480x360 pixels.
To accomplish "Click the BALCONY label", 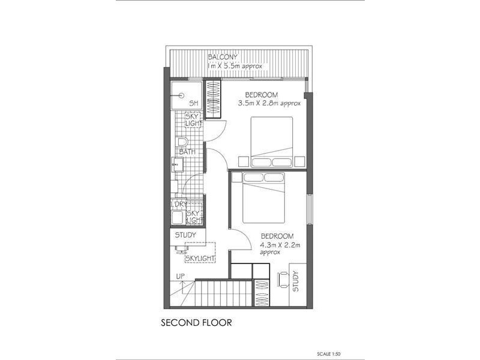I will pyautogui.click(x=223, y=57).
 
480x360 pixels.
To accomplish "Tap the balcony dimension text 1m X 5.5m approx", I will pyautogui.click(x=235, y=65).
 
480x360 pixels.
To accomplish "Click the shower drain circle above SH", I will pyautogui.click(x=180, y=95).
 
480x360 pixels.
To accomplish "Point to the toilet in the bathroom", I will pyautogui.click(x=182, y=143).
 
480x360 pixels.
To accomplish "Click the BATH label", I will pyautogui.click(x=187, y=152).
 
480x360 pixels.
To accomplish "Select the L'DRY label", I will pyautogui.click(x=179, y=205).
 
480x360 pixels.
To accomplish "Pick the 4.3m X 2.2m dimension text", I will pyautogui.click(x=279, y=245).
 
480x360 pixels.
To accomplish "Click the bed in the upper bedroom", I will pyautogui.click(x=271, y=142).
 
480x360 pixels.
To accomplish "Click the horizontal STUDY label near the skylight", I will pyautogui.click(x=185, y=235).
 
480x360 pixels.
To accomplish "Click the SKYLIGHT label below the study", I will pyautogui.click(x=200, y=258).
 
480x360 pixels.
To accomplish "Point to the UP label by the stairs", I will pyautogui.click(x=181, y=276).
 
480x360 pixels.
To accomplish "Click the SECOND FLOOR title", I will pyautogui.click(x=196, y=323).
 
